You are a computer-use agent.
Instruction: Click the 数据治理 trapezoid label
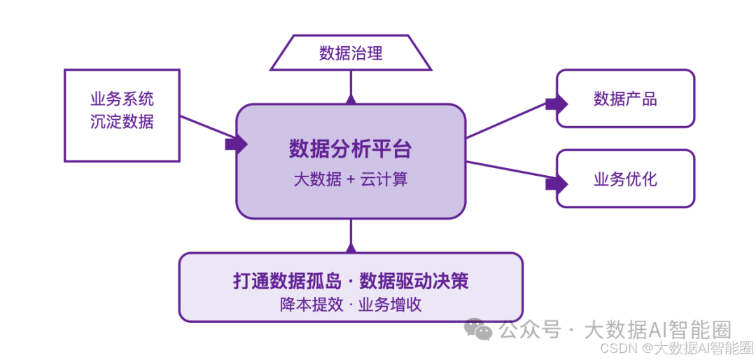(x=351, y=53)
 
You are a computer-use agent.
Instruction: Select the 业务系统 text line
(x=122, y=99)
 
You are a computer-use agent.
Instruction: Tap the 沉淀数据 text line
(x=122, y=121)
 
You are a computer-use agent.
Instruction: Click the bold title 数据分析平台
(x=351, y=148)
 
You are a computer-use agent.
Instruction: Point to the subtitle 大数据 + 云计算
(x=351, y=179)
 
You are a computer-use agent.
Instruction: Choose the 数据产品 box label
(x=625, y=99)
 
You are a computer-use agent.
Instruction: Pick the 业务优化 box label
(x=625, y=179)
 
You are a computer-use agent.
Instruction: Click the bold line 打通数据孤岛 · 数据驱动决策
(x=351, y=281)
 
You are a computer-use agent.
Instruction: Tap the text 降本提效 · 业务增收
(x=351, y=305)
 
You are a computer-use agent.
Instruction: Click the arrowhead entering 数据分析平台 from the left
(x=235, y=144)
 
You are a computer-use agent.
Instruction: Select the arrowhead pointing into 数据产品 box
(x=556, y=104)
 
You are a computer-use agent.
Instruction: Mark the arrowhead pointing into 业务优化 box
(x=556, y=184)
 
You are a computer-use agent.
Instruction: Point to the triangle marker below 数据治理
(x=351, y=99)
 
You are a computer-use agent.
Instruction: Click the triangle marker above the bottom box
(x=351, y=248)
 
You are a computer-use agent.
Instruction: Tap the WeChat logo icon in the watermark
(x=479, y=329)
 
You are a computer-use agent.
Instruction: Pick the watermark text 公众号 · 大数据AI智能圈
(x=615, y=329)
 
